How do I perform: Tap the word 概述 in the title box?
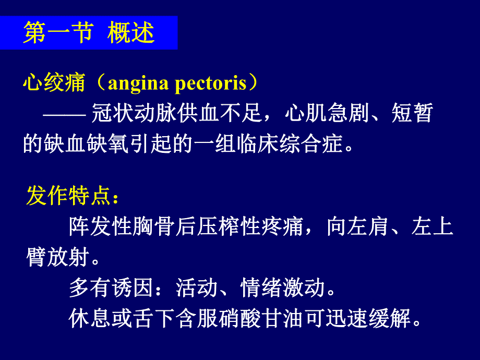[131, 33]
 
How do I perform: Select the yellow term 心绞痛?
[54, 83]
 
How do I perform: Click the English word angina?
[137, 83]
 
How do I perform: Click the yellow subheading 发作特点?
[68, 197]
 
